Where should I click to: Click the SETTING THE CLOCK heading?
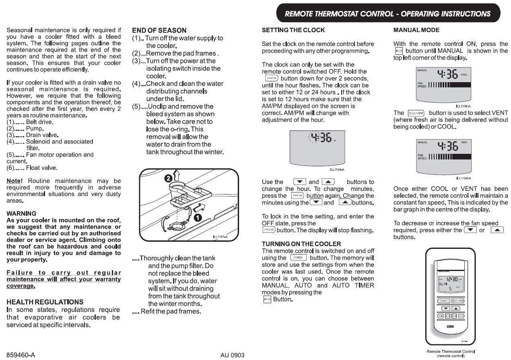tap(293, 30)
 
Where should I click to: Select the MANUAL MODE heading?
tap(416, 30)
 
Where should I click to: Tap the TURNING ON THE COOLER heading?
tap(301, 244)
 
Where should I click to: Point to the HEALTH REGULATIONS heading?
tap(45, 302)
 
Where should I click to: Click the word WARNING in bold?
tap(21, 213)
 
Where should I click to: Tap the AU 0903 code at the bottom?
tap(233, 355)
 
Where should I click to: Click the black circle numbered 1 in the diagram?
tap(198, 217)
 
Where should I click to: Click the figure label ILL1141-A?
tap(220, 236)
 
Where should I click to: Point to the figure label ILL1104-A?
tap(337, 170)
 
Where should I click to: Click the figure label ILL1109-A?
tap(464, 178)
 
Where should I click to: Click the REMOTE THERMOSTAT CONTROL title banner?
tap(387, 14)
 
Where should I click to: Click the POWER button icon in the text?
tap(298, 258)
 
